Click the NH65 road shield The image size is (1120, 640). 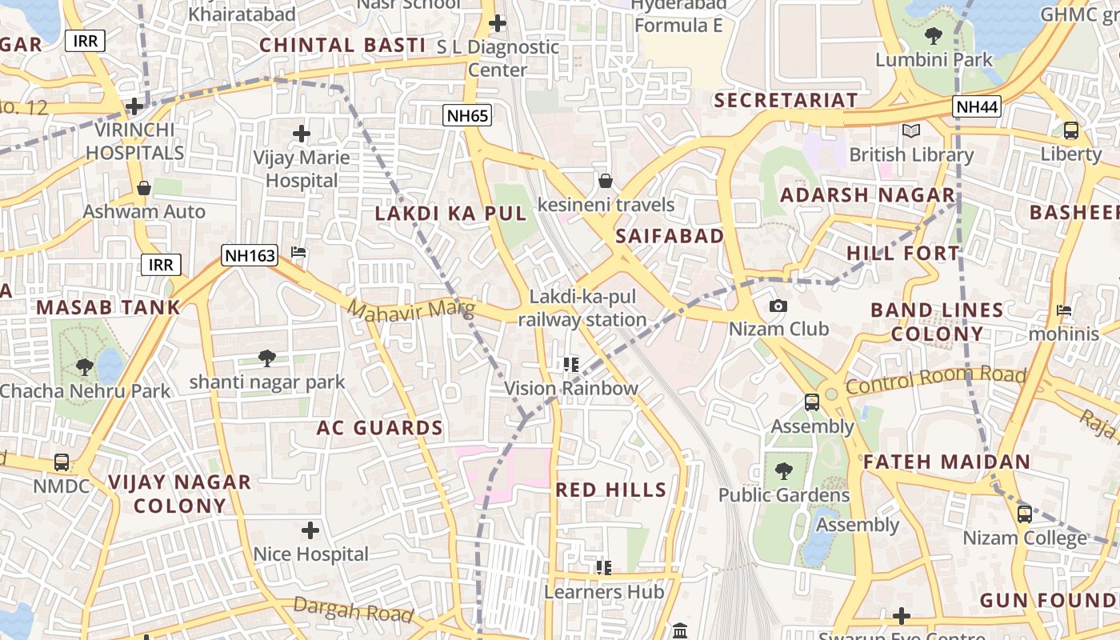(x=467, y=115)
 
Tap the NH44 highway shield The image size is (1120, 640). (x=977, y=106)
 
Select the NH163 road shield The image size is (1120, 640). (x=250, y=256)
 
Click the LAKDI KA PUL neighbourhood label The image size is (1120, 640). (x=451, y=214)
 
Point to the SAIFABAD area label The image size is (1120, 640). (x=670, y=236)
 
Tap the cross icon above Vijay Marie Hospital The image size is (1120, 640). (x=302, y=134)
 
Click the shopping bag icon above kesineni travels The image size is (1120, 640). (x=606, y=181)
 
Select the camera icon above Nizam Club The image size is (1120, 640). (x=778, y=306)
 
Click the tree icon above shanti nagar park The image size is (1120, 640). (x=267, y=358)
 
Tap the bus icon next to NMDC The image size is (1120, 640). (x=62, y=462)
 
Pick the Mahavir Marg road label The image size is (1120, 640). (x=411, y=309)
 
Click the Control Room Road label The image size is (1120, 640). (x=935, y=381)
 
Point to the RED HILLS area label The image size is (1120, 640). (x=610, y=490)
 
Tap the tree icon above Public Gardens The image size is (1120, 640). (x=784, y=471)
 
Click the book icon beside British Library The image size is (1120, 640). (x=910, y=130)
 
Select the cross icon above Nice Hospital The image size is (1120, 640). (x=310, y=530)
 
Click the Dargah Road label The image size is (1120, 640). (x=353, y=610)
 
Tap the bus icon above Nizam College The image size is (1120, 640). (x=1025, y=514)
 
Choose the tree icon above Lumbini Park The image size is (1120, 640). (x=933, y=36)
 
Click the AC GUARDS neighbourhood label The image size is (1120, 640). (x=379, y=428)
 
